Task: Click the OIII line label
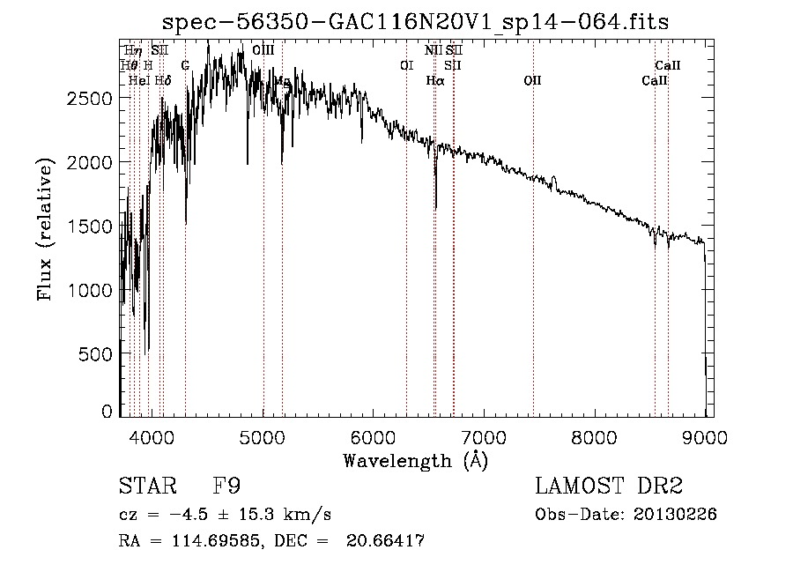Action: tap(263, 51)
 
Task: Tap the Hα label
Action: tap(434, 81)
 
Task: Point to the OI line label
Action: tap(406, 65)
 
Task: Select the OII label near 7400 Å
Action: tap(532, 81)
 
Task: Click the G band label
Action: tap(185, 65)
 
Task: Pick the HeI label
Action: tap(138, 81)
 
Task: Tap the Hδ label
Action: tap(162, 81)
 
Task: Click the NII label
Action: tap(433, 51)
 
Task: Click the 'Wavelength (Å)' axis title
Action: tap(415, 460)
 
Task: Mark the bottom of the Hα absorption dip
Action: tap(436, 208)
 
